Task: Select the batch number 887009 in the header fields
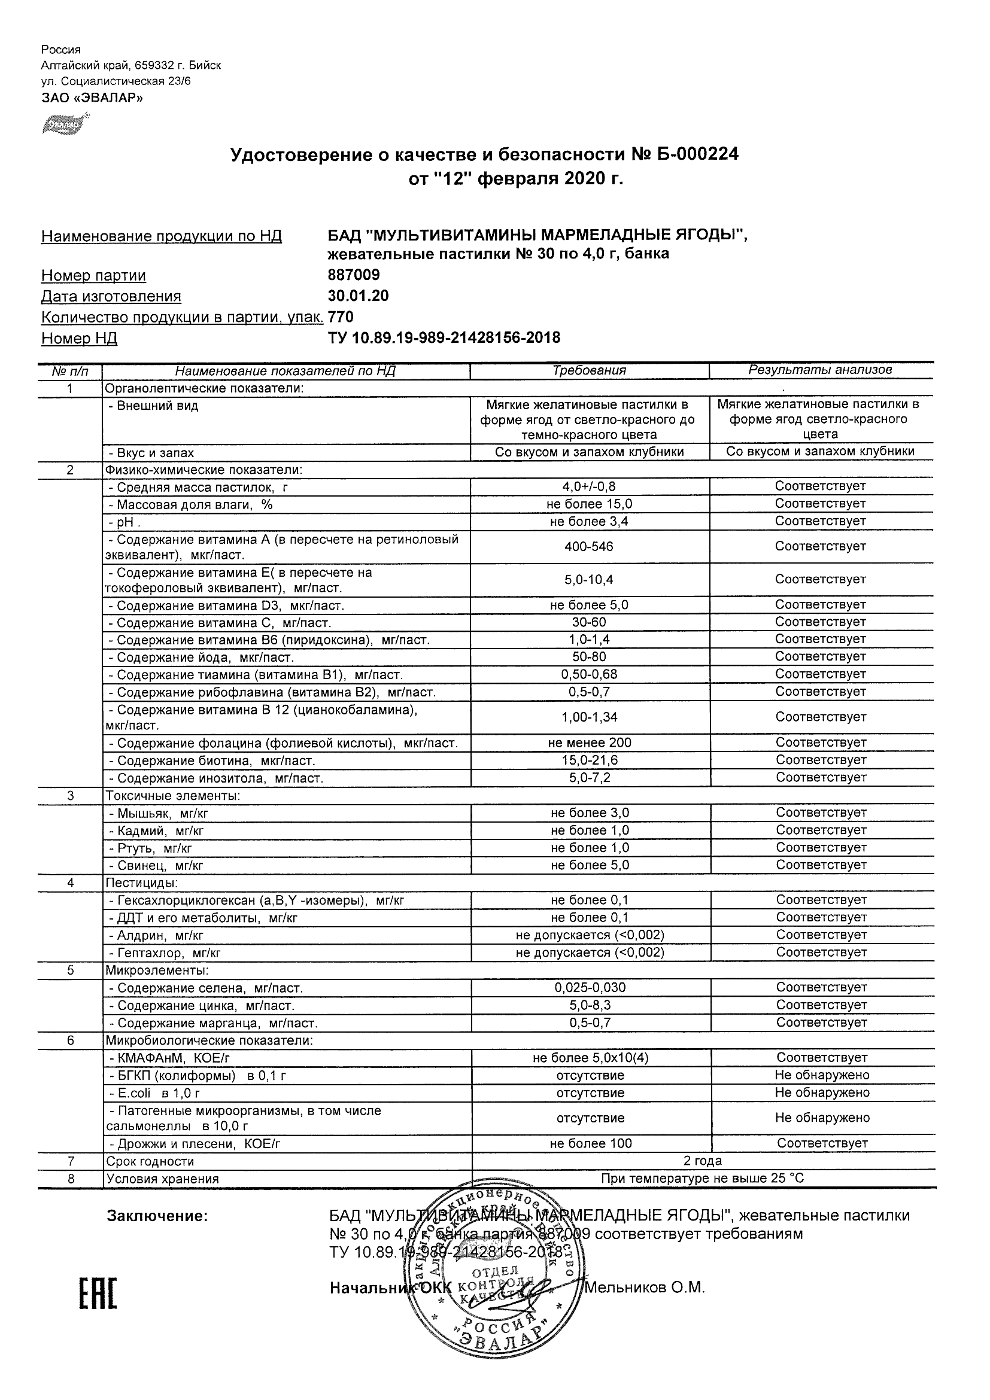354,275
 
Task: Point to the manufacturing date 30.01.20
358,296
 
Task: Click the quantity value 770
341,317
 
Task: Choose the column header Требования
589,370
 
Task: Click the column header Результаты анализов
821,370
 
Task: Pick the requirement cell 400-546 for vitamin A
588,546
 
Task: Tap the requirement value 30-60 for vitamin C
589,622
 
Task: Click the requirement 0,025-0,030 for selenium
590,988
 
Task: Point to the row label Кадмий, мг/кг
156,831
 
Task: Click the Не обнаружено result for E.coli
822,1092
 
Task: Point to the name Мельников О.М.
645,1288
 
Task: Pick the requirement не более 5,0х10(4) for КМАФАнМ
590,1058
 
